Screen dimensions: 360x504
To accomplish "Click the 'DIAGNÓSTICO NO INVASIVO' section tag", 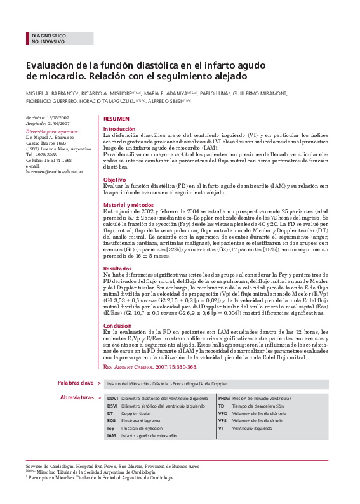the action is [x=48, y=39].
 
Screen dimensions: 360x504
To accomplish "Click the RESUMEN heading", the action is [x=116, y=119].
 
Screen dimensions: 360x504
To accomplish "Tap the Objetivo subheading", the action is [x=115, y=180].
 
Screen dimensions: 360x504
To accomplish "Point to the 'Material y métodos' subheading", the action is [x=128, y=205].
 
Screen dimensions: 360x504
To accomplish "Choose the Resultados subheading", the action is [x=117, y=269].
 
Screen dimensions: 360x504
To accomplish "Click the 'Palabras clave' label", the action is [x=75, y=383].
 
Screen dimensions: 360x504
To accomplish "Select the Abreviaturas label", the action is [x=76, y=397].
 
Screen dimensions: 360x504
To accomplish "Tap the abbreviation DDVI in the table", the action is [x=112, y=398].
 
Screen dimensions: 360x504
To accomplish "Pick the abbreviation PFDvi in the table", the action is [x=224, y=398].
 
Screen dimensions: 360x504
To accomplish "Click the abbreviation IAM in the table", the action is [x=111, y=436].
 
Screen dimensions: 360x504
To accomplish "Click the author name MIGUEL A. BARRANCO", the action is [x=50, y=93].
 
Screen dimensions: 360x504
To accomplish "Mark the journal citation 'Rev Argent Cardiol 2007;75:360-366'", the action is [x=150, y=367].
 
